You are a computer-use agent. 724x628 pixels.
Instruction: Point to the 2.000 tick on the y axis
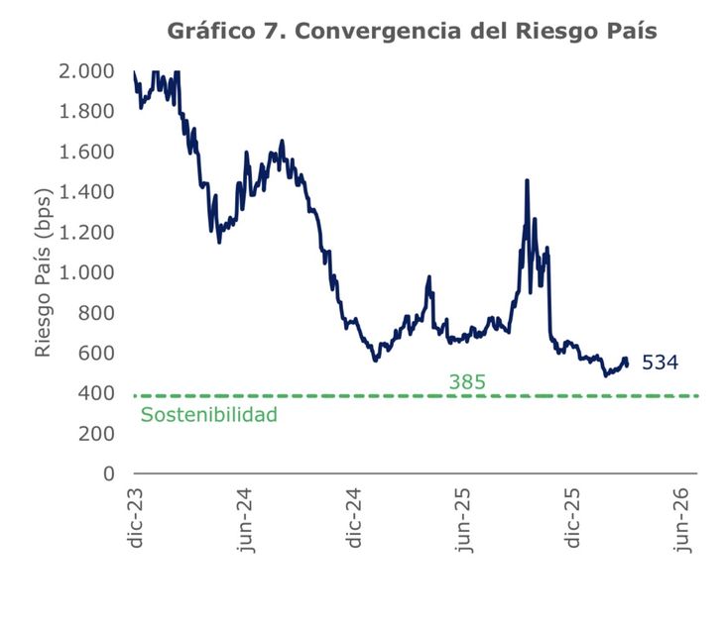coord(87,71)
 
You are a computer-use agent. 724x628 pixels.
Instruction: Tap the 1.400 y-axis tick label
coord(87,192)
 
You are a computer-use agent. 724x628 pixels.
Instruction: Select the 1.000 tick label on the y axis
coord(87,272)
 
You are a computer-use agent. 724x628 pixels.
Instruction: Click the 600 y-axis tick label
coord(97,353)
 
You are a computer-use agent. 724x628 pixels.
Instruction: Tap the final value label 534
coord(660,363)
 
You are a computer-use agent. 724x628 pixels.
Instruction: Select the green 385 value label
coord(467,381)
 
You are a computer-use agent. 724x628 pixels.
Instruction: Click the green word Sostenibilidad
coord(208,415)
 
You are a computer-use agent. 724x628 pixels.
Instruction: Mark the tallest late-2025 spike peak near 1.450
coord(527,180)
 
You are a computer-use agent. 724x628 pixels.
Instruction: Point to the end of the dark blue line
coord(627,365)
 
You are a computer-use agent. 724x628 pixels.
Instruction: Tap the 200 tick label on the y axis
coord(97,433)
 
